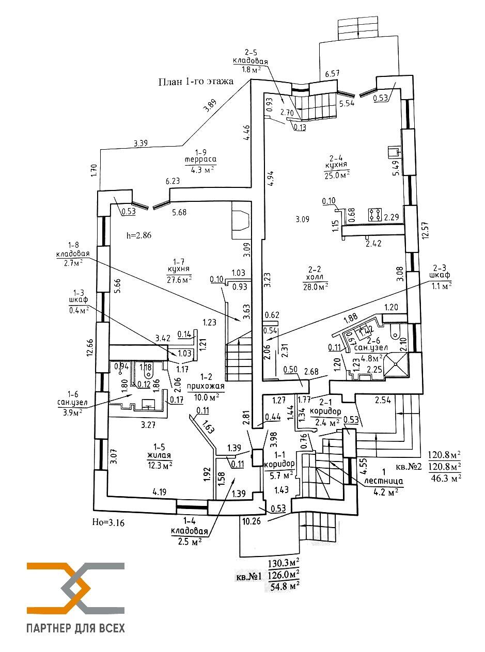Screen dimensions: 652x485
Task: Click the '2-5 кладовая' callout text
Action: point(251,60)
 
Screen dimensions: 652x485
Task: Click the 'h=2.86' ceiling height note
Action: point(139,235)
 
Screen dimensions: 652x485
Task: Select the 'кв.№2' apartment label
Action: point(409,466)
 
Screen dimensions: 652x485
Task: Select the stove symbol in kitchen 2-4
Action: point(375,215)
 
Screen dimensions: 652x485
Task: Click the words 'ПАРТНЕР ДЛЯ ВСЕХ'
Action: point(75,628)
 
